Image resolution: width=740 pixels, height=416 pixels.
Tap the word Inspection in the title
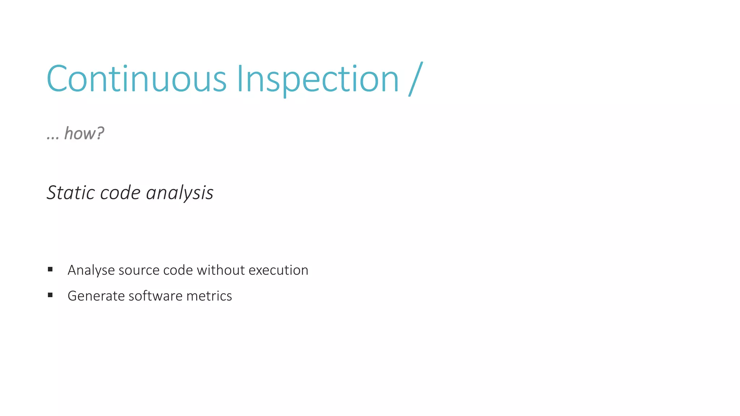tap(318, 79)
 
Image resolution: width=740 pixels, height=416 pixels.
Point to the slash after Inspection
tap(416, 79)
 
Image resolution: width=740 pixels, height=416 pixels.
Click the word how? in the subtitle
tap(84, 134)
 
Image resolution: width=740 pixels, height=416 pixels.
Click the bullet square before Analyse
tap(50, 269)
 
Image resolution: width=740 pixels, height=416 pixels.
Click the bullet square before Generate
tap(50, 295)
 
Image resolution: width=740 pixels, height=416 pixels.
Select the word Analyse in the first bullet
tap(91, 270)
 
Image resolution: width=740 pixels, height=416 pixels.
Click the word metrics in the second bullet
tap(209, 296)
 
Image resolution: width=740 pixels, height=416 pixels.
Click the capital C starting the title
tap(56, 79)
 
